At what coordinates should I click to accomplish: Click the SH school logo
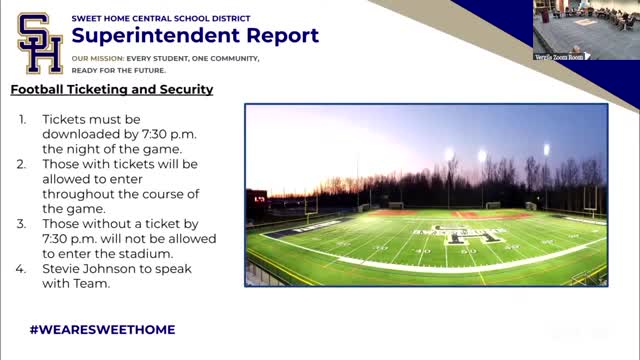click(x=39, y=44)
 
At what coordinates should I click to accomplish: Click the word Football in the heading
click(x=40, y=90)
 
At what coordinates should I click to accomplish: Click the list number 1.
click(x=23, y=118)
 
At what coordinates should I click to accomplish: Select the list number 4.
click(x=23, y=268)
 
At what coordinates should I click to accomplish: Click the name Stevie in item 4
click(x=63, y=268)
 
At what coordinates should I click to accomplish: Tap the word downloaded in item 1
click(x=85, y=133)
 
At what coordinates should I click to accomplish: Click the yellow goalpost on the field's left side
click(x=310, y=214)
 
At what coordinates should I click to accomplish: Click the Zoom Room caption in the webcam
click(x=562, y=56)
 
